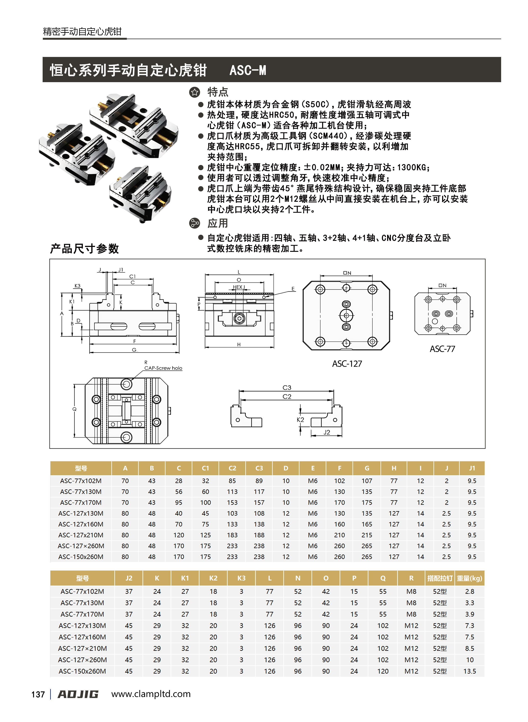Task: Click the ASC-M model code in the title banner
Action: pyautogui.click(x=248, y=70)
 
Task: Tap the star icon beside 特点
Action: pyautogui.click(x=194, y=92)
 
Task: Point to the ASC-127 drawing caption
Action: pyautogui.click(x=347, y=364)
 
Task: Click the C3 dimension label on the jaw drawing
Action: pyautogui.click(x=287, y=388)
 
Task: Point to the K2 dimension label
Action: pyautogui.click(x=300, y=420)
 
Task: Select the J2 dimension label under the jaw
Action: pyautogui.click(x=326, y=432)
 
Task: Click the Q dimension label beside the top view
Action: pyautogui.click(x=75, y=409)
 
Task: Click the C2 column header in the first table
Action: pyautogui.click(x=232, y=468)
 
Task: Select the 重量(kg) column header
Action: pyautogui.click(x=469, y=578)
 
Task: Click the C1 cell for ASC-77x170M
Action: pyautogui.click(x=206, y=503)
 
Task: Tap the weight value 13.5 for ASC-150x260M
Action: pyautogui.click(x=469, y=671)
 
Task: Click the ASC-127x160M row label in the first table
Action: pyautogui.click(x=81, y=524)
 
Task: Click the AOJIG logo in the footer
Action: pyautogui.click(x=78, y=694)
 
